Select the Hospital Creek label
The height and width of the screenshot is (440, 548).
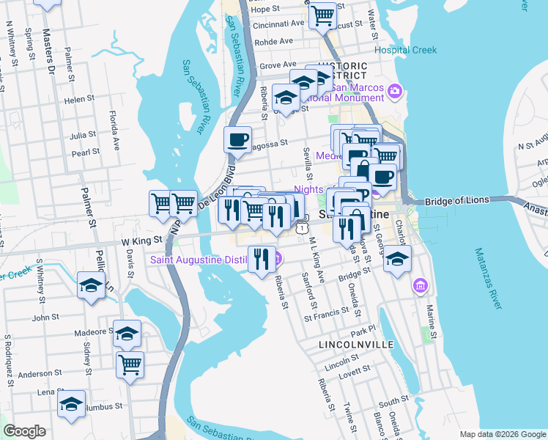(x=405, y=50)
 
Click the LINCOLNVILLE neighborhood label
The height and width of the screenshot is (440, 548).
(x=357, y=344)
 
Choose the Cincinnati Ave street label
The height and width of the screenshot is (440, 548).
(x=278, y=23)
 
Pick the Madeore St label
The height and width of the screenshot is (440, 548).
(x=92, y=332)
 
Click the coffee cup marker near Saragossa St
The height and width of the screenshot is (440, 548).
(x=237, y=139)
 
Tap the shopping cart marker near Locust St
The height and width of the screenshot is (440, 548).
(x=322, y=15)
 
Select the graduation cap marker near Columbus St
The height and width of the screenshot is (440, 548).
(x=72, y=405)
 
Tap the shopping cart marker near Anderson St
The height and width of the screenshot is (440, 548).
(x=130, y=363)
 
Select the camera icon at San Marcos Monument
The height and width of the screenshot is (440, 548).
(x=395, y=90)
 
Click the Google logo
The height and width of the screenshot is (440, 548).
(x=25, y=431)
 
